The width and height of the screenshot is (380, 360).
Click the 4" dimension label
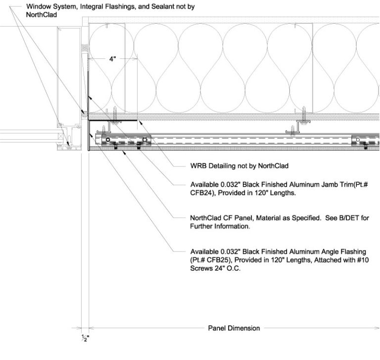pyautogui.click(x=112, y=59)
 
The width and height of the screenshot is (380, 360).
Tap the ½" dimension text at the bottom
pyautogui.click(x=85, y=338)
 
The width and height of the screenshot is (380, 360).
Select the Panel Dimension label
pyautogui.click(x=234, y=328)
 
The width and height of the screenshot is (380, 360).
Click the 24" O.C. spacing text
pyautogui.click(x=227, y=268)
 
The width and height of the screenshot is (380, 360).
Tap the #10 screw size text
pyautogui.click(x=363, y=260)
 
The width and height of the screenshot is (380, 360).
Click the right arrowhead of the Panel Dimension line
pyautogui.click(x=377, y=328)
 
